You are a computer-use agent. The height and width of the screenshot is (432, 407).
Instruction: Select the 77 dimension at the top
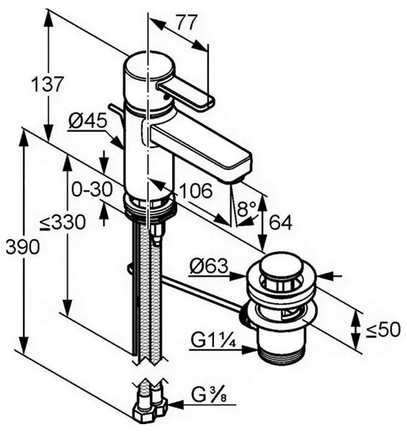click(x=187, y=22)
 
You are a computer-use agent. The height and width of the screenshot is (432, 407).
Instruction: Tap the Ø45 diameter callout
click(x=88, y=120)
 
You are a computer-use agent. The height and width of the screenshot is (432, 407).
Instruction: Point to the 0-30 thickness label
click(x=92, y=190)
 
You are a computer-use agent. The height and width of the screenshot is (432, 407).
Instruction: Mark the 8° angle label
click(x=246, y=207)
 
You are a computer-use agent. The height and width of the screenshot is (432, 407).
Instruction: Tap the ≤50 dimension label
click(x=381, y=330)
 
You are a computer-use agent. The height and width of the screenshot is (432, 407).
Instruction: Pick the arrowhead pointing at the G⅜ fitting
click(x=173, y=405)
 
